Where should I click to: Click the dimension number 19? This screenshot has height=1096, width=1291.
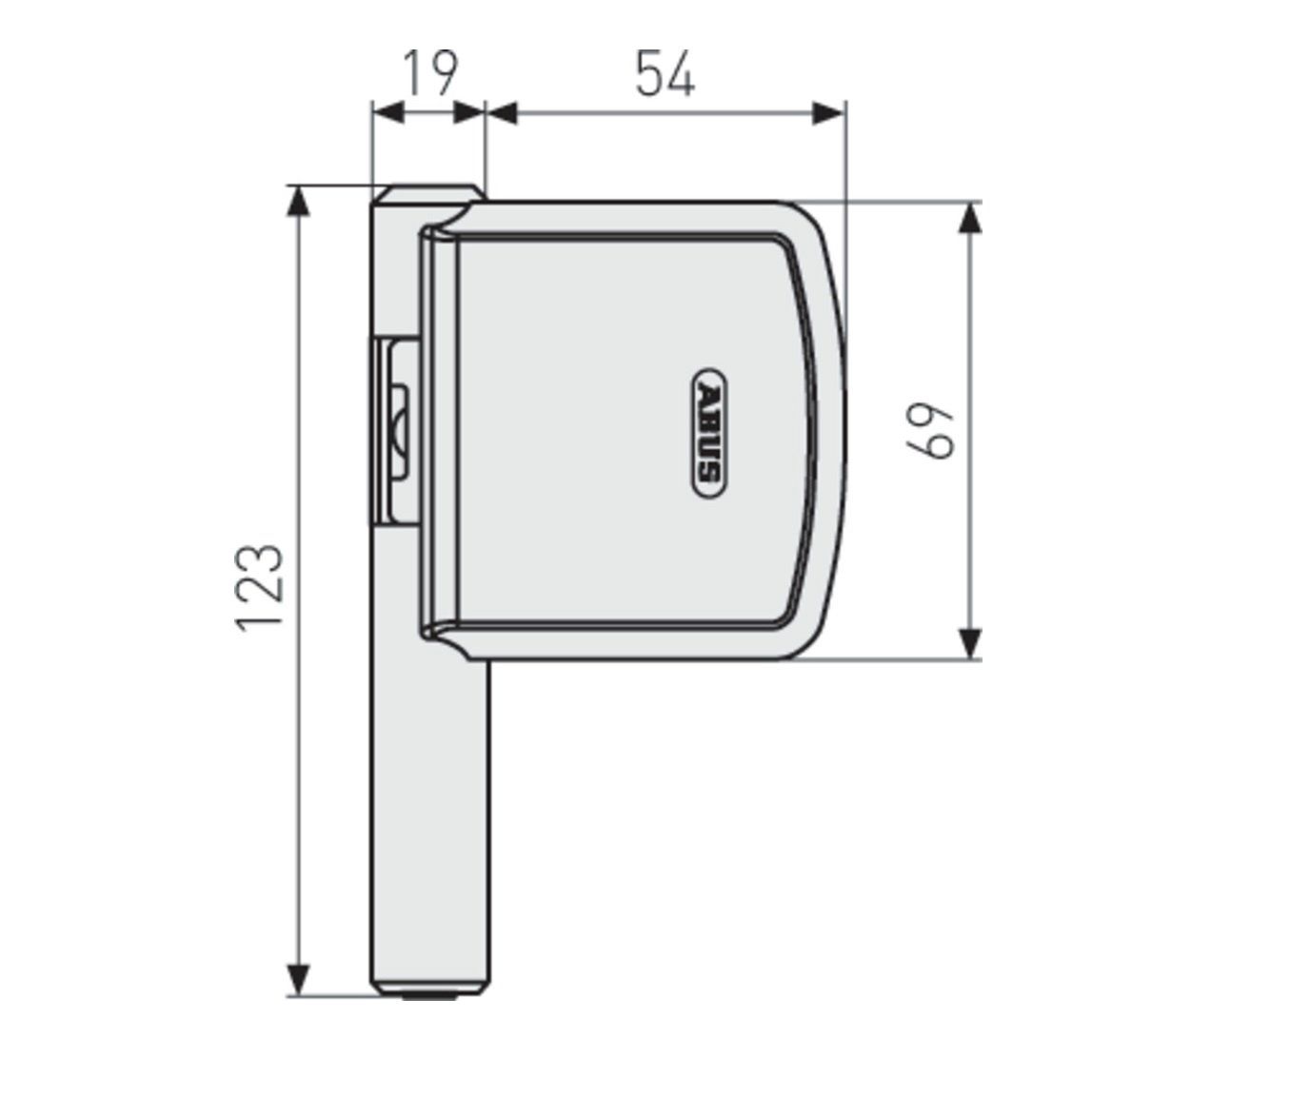[x=430, y=73]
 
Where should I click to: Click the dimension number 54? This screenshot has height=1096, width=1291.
[x=665, y=73]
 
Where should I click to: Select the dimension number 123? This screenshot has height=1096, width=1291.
[x=261, y=588]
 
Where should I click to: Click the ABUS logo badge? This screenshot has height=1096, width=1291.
[x=710, y=433]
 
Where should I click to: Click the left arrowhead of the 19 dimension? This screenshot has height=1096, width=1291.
[x=388, y=113]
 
